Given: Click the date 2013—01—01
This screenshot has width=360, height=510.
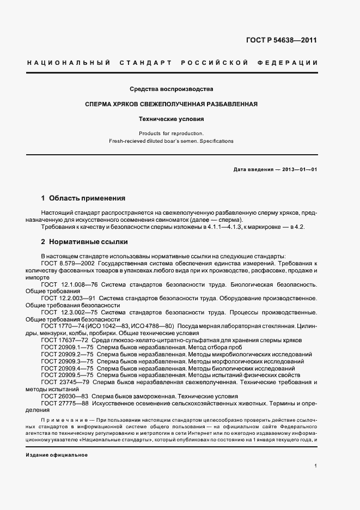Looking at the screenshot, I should pyautogui.click(x=298, y=169).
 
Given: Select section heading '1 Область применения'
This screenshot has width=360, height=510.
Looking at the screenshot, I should pyautogui.click(x=83, y=198).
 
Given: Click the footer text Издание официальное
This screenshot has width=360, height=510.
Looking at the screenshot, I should pyautogui.click(x=57, y=454).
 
